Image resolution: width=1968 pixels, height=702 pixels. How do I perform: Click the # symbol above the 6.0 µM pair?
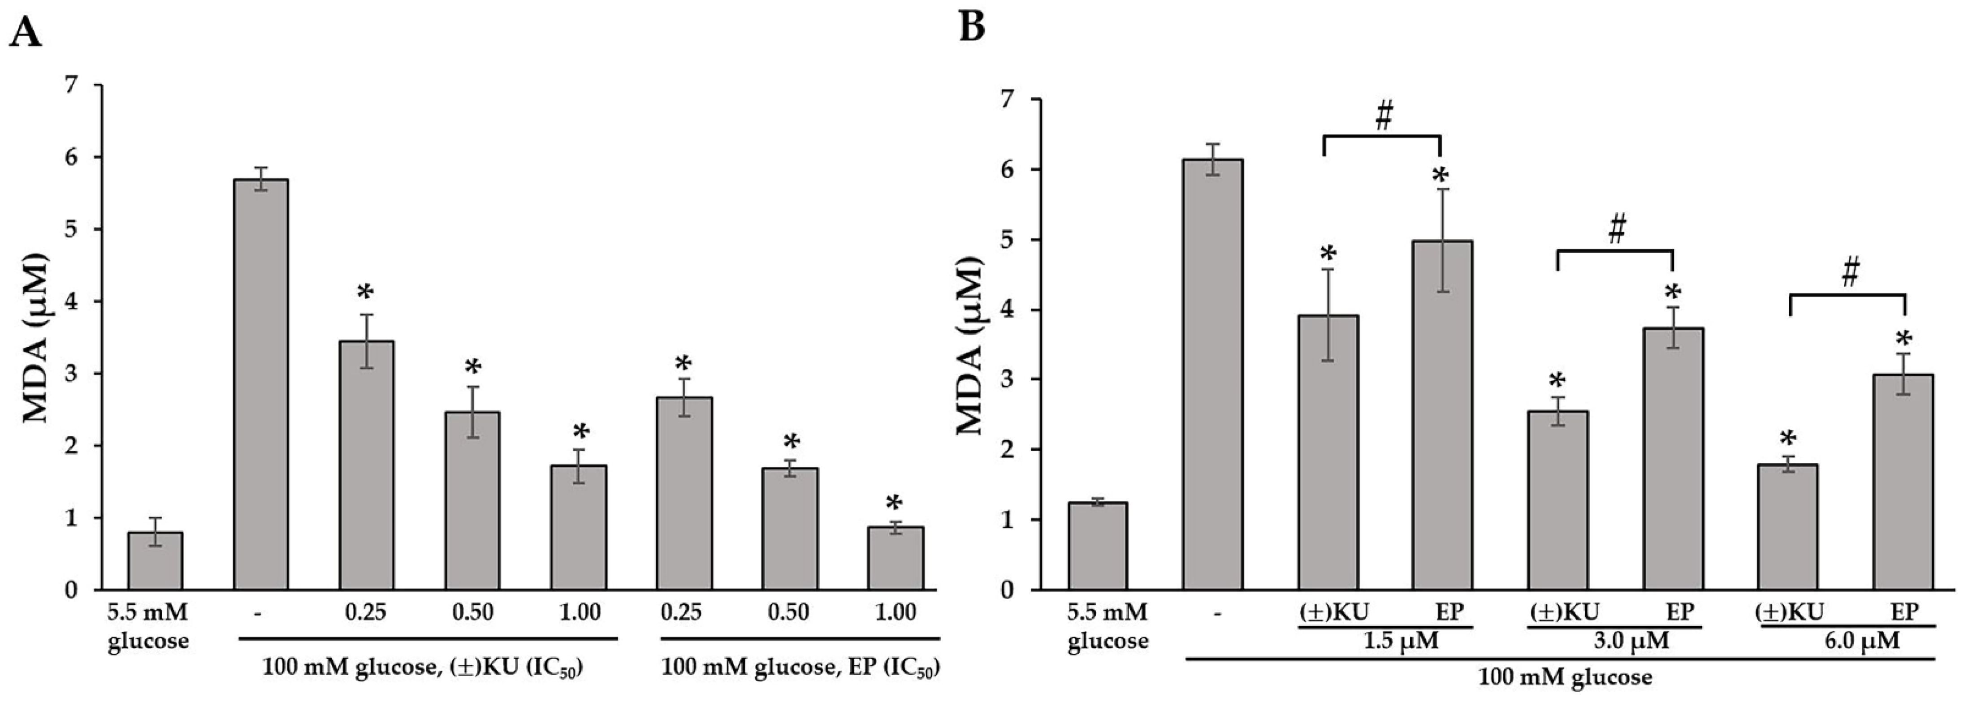point(1850,273)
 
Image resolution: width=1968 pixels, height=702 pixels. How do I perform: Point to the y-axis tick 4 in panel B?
point(1014,310)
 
